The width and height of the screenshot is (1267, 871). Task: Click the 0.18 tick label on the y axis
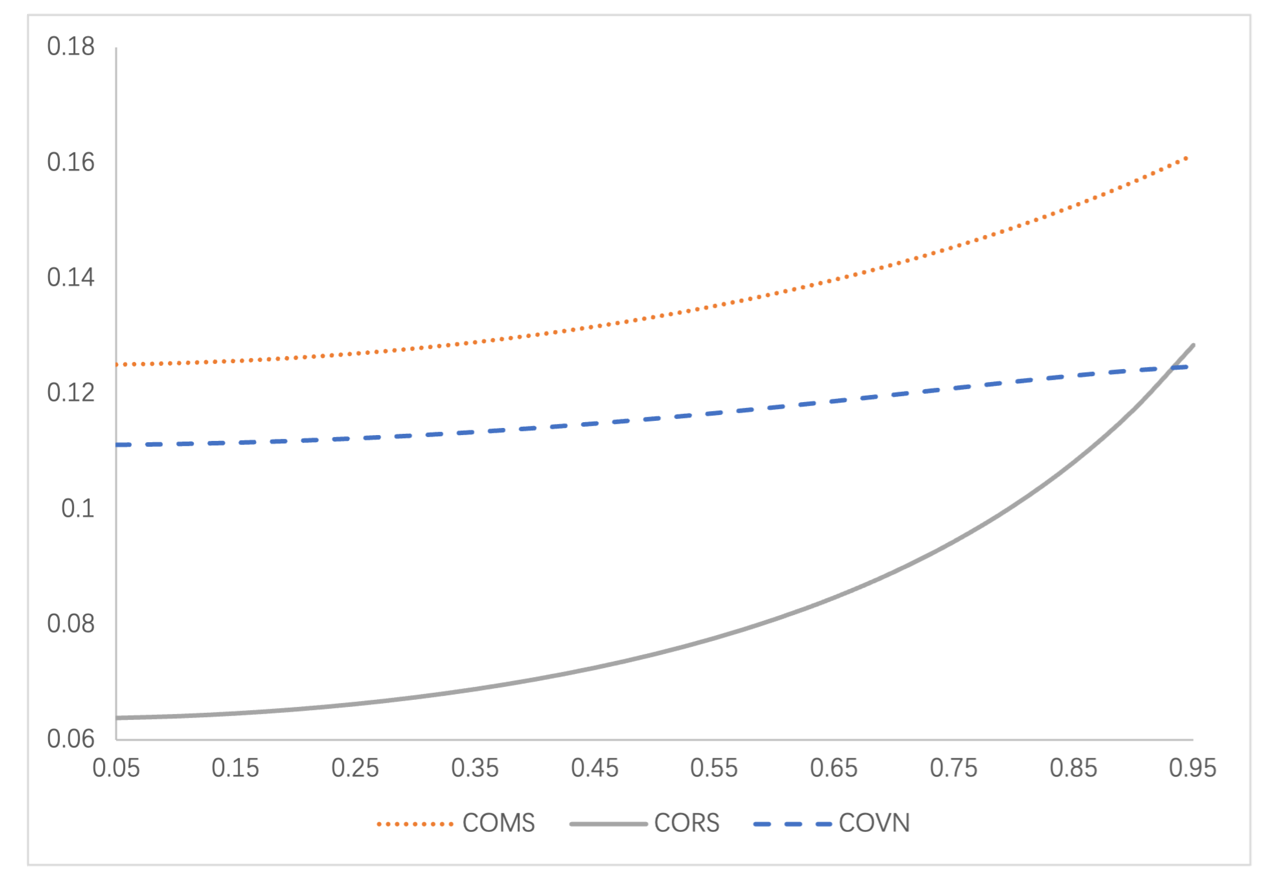pos(71,47)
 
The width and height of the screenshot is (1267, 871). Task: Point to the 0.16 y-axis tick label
pos(71,162)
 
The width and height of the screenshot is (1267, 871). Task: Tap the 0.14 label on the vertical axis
pos(71,278)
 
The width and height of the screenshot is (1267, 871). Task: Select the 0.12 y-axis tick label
pos(71,393)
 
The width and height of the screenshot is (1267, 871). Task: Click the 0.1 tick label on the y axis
pos(78,509)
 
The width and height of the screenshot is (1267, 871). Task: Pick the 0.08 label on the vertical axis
pos(71,624)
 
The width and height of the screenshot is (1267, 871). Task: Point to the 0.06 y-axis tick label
pos(71,739)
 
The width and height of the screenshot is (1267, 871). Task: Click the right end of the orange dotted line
pos(1187,158)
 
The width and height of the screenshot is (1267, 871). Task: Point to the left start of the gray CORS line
pos(118,718)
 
